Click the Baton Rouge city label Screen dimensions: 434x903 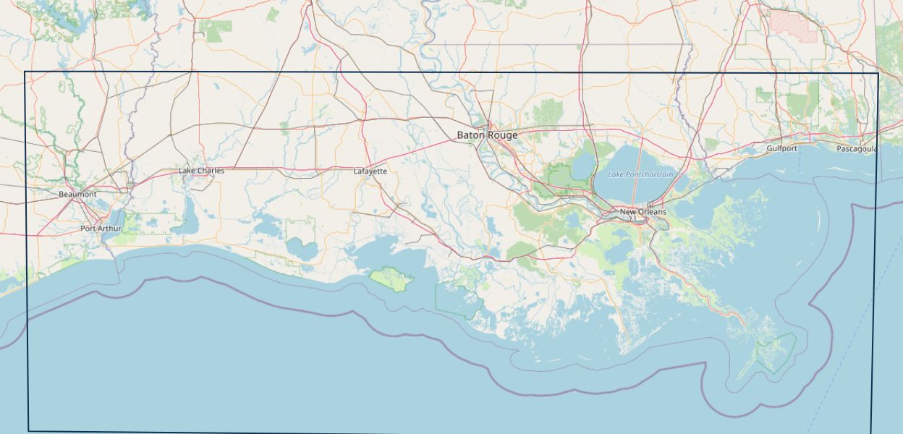(486, 135)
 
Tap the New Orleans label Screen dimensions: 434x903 (643, 212)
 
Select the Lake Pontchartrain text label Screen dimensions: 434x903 (640, 174)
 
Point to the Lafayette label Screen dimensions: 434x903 (370, 171)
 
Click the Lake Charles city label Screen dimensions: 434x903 (201, 171)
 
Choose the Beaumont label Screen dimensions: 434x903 (77, 195)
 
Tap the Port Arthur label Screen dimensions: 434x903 (101, 229)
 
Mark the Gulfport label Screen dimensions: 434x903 (781, 148)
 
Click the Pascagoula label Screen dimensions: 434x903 (857, 149)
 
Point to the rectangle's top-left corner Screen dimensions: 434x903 (25, 72)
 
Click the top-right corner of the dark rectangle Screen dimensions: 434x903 (878, 73)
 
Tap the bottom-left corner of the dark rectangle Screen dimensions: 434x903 (29, 430)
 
